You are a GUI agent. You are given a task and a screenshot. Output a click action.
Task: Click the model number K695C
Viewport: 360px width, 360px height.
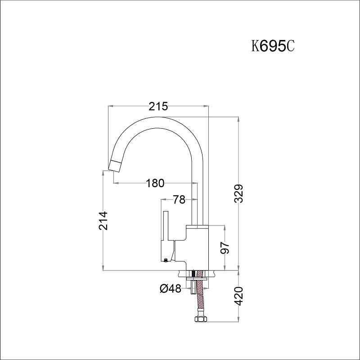(x=273, y=46)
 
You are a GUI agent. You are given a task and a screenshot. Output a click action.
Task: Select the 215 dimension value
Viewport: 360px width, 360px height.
(x=158, y=106)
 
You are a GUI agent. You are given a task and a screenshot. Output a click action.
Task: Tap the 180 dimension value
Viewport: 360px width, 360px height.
(x=155, y=183)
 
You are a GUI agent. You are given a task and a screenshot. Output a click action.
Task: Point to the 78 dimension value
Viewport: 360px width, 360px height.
(x=179, y=199)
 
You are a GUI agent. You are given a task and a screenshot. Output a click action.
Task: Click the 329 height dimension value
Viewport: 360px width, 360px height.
(x=239, y=193)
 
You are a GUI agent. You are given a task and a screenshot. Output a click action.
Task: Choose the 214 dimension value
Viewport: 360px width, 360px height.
(x=103, y=220)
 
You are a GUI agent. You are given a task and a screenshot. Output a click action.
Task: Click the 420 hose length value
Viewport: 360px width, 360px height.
(x=239, y=296)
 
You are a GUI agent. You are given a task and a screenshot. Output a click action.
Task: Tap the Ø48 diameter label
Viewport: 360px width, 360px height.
(x=171, y=288)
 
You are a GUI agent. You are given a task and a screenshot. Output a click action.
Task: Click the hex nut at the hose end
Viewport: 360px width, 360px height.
(x=201, y=319)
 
